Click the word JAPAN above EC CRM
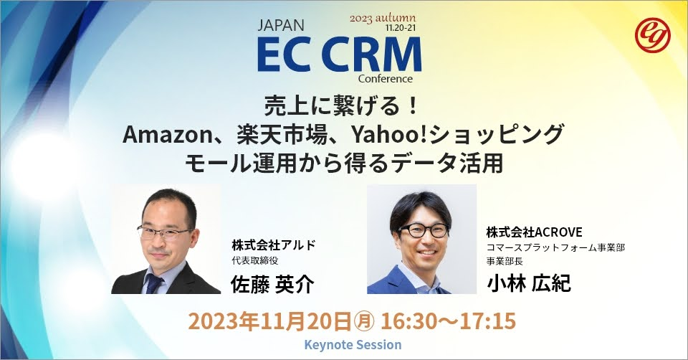click(282, 27)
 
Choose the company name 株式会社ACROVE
click(534, 232)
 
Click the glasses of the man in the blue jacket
click(423, 230)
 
